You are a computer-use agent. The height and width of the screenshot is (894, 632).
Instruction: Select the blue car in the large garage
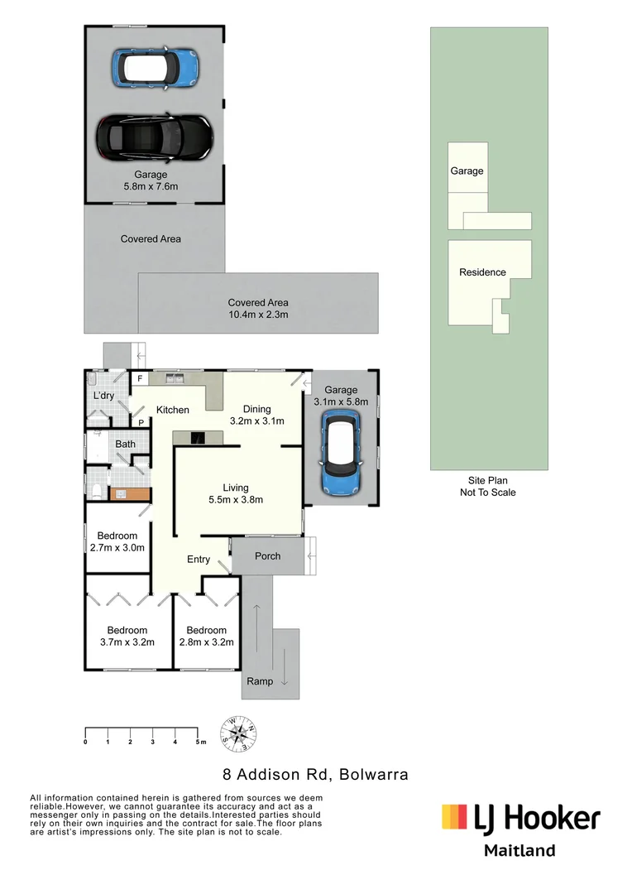pyautogui.click(x=156, y=66)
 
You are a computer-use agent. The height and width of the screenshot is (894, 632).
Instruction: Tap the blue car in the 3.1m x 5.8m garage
pyautogui.click(x=341, y=453)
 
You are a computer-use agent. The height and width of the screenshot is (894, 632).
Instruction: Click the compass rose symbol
pyautogui.click(x=238, y=733)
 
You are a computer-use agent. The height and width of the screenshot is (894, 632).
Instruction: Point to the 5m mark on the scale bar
pyautogui.click(x=199, y=731)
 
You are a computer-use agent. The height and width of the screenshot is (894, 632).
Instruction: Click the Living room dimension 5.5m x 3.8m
pyautogui.click(x=235, y=499)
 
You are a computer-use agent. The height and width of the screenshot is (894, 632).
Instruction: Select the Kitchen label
pyautogui.click(x=173, y=410)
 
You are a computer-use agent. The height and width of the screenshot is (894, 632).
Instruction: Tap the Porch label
pyautogui.click(x=267, y=556)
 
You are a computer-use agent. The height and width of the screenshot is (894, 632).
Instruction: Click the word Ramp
pyautogui.click(x=259, y=681)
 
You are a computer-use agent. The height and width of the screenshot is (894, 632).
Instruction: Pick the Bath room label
pyautogui.click(x=125, y=445)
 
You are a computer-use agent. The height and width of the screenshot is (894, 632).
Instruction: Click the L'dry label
pyautogui.click(x=103, y=396)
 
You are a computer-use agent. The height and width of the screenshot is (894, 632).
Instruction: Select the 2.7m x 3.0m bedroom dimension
pyautogui.click(x=117, y=547)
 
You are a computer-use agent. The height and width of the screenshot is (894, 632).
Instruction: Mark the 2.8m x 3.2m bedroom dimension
pyautogui.click(x=206, y=642)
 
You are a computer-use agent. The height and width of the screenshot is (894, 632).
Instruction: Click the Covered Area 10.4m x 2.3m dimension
pyautogui.click(x=258, y=315)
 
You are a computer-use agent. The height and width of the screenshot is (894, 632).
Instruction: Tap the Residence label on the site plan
pyautogui.click(x=482, y=272)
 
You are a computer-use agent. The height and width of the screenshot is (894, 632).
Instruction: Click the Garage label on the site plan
pyautogui.click(x=467, y=171)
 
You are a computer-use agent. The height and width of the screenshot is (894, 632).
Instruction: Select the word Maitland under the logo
pyautogui.click(x=519, y=850)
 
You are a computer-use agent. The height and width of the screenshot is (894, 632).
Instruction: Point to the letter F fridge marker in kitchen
pyautogui.click(x=141, y=379)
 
